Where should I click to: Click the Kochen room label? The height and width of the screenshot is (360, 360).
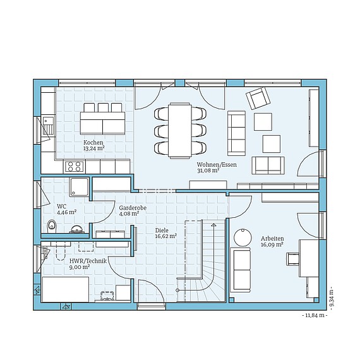(93, 142)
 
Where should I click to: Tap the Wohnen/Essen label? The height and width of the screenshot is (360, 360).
(217, 165)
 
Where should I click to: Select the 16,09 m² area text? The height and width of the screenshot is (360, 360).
(272, 244)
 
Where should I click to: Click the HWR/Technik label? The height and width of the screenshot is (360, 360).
(88, 261)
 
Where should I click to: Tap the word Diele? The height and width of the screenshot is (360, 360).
(162, 231)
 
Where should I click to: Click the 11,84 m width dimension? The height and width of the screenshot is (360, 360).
(315, 315)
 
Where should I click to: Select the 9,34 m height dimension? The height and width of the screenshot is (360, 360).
(332, 297)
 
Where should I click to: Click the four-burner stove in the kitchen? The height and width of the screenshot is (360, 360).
(74, 167)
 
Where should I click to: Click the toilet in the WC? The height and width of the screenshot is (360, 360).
(51, 226)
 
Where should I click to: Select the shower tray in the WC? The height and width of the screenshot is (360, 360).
(79, 187)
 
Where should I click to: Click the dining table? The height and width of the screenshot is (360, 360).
(180, 130)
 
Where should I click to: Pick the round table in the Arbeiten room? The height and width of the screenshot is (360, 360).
(243, 237)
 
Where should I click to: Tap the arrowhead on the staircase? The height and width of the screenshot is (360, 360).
(213, 225)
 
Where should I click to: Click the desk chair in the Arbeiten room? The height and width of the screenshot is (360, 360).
(292, 259)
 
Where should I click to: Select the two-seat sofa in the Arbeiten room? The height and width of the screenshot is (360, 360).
(240, 270)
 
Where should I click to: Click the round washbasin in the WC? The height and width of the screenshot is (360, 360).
(76, 229)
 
